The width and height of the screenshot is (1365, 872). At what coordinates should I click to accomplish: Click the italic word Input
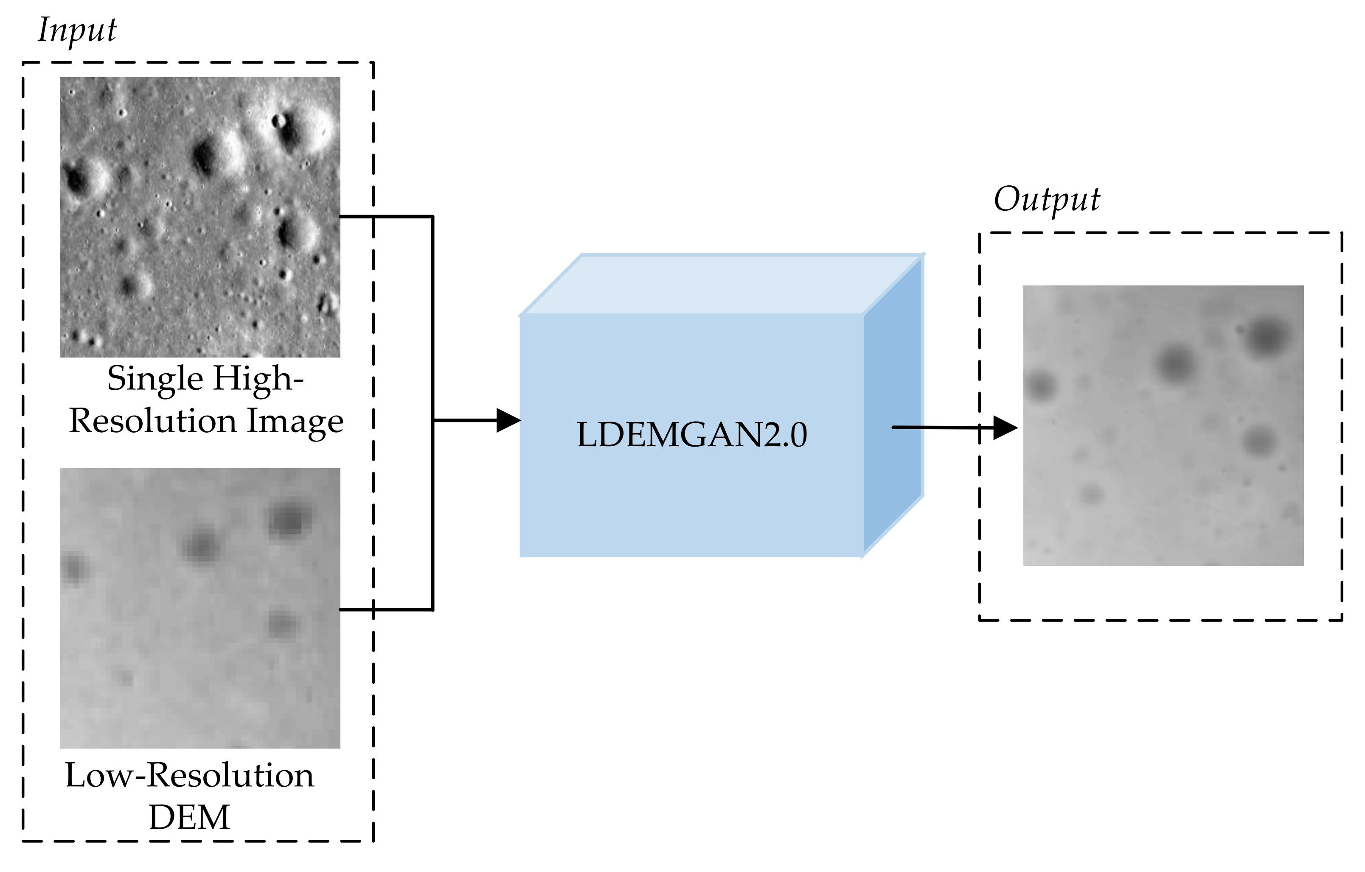point(77,31)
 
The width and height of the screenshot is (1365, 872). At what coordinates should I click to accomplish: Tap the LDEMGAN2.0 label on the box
point(691,435)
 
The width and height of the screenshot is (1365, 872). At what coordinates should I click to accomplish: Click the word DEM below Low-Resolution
point(189,817)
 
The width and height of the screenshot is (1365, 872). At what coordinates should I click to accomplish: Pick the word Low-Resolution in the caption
point(189,775)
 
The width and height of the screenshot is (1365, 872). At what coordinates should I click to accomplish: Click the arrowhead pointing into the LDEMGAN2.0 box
point(508,420)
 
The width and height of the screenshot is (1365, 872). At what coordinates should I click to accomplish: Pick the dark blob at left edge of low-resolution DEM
point(74,567)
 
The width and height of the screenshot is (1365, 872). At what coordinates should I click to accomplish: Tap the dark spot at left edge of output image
point(1041,386)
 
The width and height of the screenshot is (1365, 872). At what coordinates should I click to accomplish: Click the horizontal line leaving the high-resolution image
point(385,216)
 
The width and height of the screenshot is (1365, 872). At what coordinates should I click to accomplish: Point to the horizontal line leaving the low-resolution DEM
point(385,609)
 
